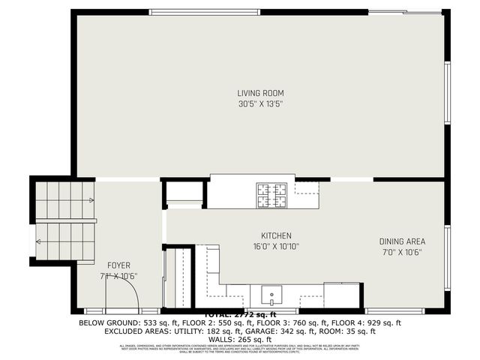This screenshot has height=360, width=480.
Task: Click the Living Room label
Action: tap(260, 93)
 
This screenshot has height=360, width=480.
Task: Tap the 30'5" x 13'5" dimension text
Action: tap(260, 104)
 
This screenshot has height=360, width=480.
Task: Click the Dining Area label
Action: tap(402, 241)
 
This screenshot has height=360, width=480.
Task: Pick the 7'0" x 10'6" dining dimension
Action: tap(402, 252)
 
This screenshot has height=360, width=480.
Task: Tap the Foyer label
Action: tap(119, 265)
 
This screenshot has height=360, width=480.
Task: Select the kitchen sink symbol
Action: tap(271, 293)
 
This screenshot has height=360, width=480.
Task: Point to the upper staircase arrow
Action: tap(90, 200)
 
